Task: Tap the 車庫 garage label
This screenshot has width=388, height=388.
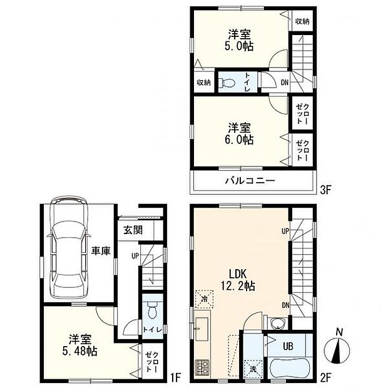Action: pos(101,251)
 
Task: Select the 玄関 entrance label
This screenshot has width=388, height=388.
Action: pos(133,230)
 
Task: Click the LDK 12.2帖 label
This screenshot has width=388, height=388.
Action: pos(238,280)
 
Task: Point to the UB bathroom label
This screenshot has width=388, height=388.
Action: pos(288,346)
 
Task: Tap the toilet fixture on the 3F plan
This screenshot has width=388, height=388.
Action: pos(227,83)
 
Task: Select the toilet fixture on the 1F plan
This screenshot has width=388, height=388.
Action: pos(152,310)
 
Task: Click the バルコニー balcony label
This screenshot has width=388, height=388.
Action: pos(250,181)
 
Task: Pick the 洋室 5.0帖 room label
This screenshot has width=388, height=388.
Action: pos(239,40)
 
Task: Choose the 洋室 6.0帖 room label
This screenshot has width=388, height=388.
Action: pos(239,134)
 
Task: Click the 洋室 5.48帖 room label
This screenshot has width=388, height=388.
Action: pos(79,345)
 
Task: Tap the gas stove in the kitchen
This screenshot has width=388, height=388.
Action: pos(202,368)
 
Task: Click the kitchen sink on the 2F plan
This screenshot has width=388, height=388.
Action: pos(202,329)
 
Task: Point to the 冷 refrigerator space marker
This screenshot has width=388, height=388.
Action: pos(205,299)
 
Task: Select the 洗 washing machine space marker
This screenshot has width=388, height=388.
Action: pos(253,370)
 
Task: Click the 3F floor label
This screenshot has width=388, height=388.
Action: pos(325,190)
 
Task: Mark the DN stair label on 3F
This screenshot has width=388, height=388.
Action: pos(285,83)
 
